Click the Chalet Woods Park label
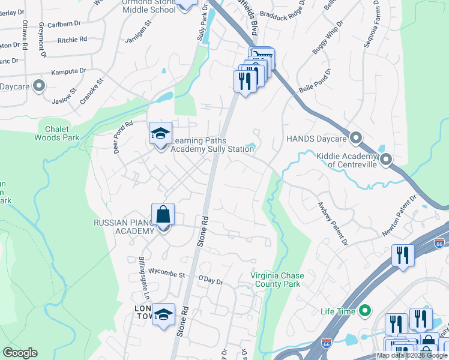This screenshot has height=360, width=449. click(62, 133)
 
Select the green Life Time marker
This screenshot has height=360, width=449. click(364, 311)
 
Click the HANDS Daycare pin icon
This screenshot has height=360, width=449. click(356, 139)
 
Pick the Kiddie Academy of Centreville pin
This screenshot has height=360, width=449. click(385, 160)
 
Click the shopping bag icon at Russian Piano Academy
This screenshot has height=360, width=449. click(163, 214)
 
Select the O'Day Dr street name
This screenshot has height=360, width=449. click(210, 281)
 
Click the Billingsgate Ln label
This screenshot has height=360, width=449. click(143, 278)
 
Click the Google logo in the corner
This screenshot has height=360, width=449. click(20, 353)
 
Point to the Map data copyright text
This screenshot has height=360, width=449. click(412, 355)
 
